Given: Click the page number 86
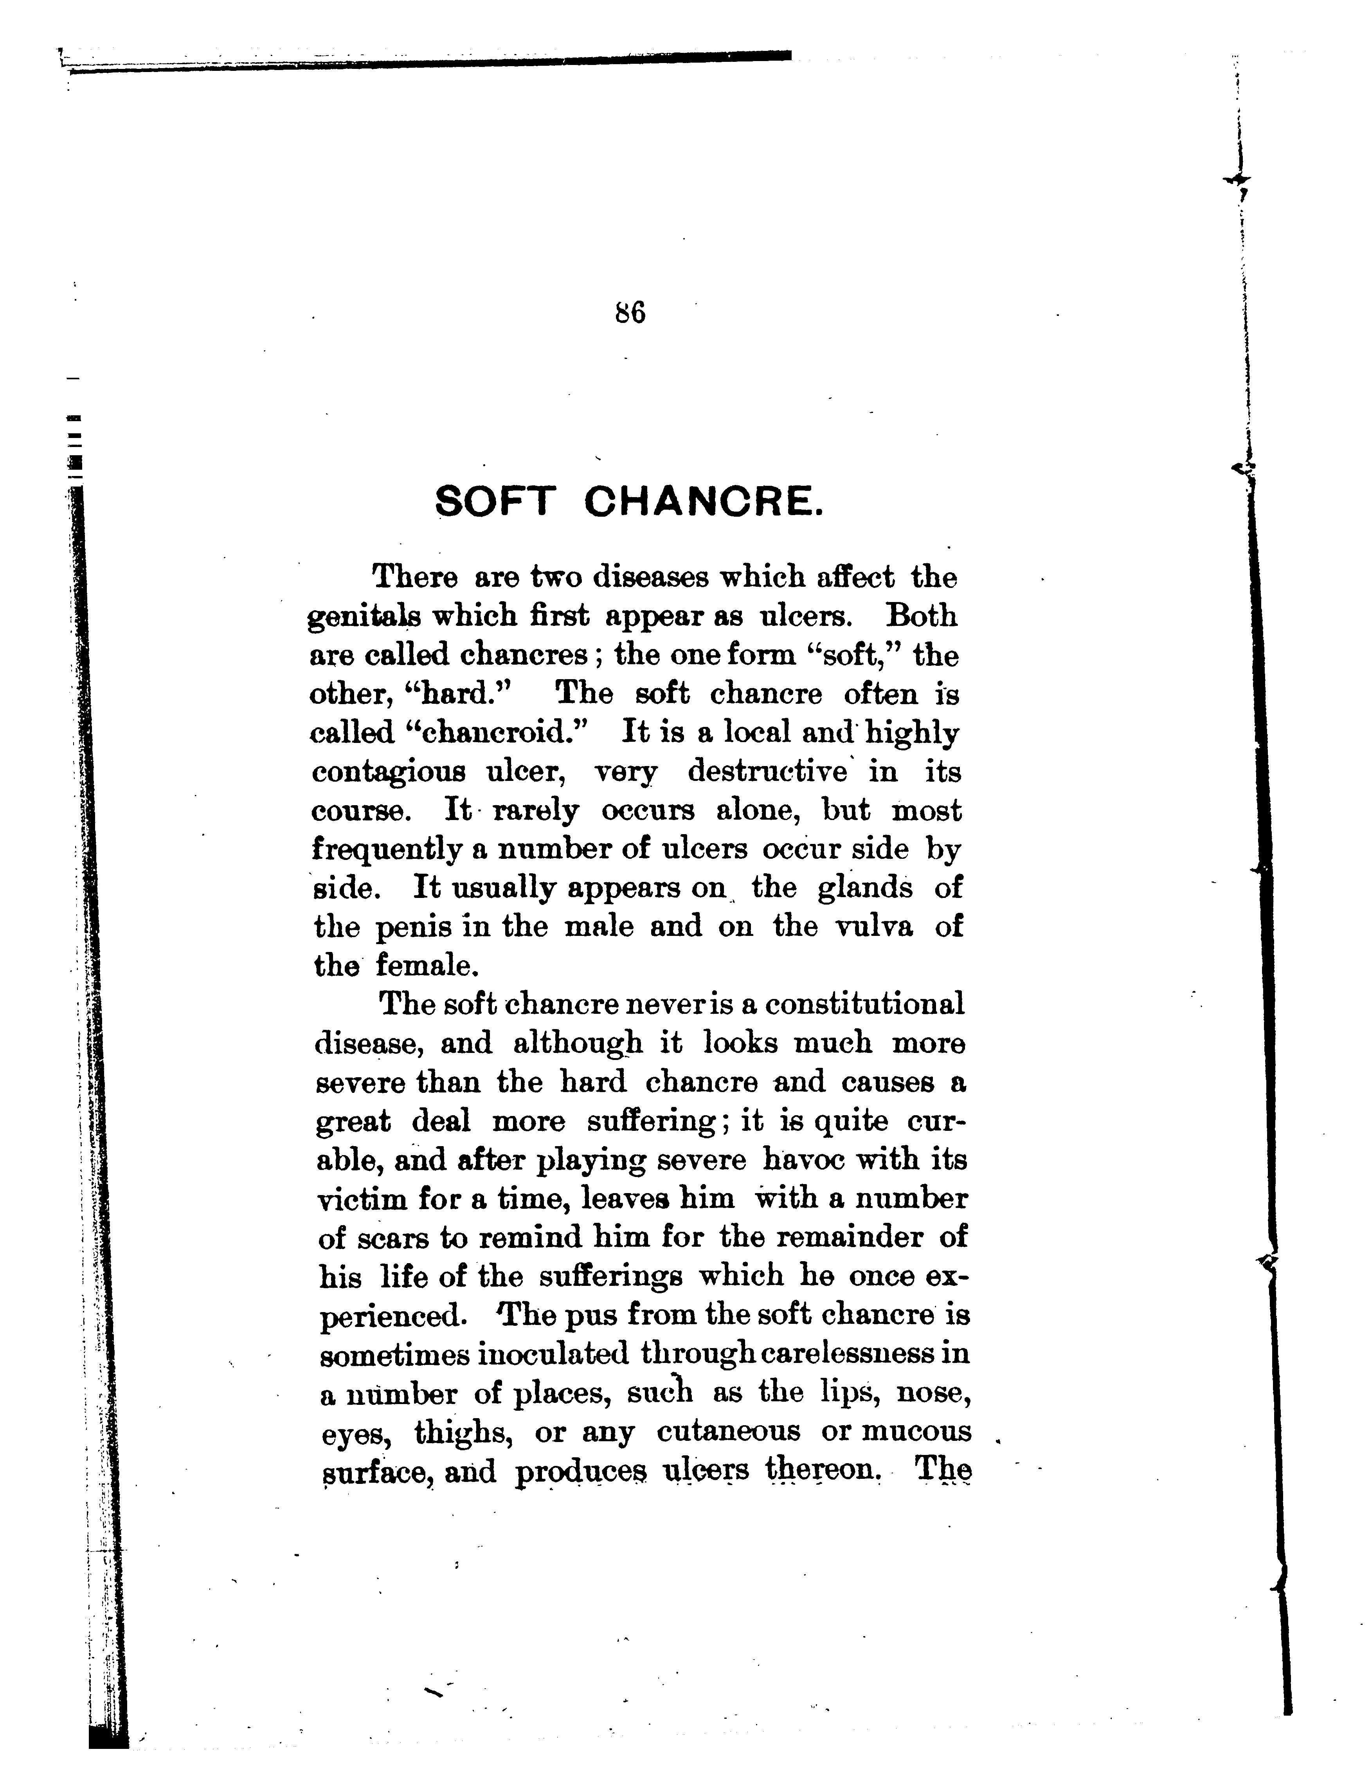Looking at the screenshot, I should (630, 313).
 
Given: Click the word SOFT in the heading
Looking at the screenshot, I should (495, 501).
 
